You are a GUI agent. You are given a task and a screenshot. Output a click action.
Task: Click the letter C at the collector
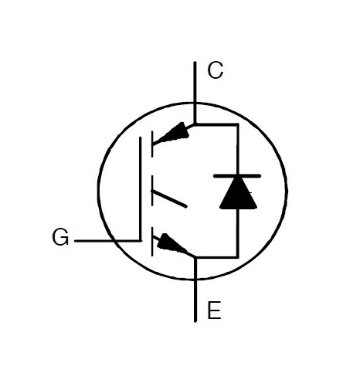click(216, 70)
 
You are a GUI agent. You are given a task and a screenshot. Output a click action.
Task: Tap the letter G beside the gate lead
click(60, 237)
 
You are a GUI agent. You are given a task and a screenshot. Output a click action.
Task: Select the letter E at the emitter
click(214, 310)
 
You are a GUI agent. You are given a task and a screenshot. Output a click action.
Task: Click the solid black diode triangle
click(238, 193)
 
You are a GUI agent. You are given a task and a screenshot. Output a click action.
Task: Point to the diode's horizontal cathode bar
click(237, 176)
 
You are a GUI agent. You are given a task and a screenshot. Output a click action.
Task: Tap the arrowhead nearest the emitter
click(171, 243)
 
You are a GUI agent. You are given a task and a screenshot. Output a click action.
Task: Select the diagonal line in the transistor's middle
click(169, 198)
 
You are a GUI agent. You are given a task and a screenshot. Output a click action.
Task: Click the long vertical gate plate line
click(141, 189)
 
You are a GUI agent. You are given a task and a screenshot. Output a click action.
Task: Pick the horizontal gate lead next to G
click(107, 241)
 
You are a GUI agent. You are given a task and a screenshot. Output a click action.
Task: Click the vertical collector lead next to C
click(195, 93)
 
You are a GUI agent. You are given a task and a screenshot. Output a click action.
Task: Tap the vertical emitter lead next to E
click(195, 290)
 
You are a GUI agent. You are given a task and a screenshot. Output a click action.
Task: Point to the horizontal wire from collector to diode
click(216, 124)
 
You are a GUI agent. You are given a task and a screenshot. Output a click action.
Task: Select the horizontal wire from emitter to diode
click(217, 257)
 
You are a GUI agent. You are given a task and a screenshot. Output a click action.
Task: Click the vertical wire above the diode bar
click(238, 149)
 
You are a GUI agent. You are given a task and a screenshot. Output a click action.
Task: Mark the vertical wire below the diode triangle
click(237, 233)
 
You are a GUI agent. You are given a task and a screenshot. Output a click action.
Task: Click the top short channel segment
click(152, 144)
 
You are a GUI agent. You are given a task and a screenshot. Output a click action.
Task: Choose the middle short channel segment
click(152, 191)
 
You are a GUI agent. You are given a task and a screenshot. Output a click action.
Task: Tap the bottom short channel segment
click(152, 242)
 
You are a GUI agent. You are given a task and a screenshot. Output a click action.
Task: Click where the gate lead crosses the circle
click(114, 241)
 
